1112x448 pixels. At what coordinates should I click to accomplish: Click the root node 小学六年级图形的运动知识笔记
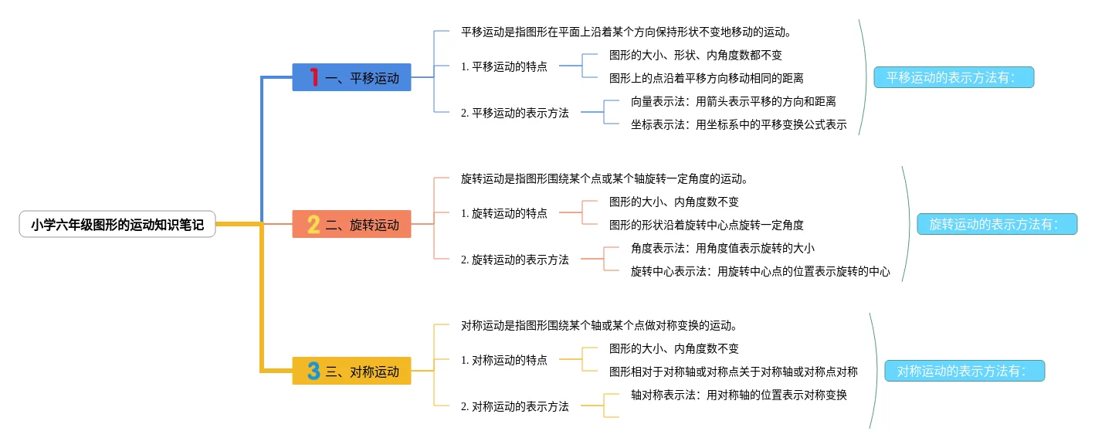pyautogui.click(x=117, y=225)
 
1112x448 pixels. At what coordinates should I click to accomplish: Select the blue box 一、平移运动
pyautogui.click(x=351, y=77)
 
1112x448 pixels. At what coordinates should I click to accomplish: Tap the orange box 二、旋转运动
pyautogui.click(x=351, y=224)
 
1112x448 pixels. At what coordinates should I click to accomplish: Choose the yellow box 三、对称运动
pyautogui.click(x=351, y=371)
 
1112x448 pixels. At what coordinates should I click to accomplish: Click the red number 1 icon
pyautogui.click(x=314, y=77)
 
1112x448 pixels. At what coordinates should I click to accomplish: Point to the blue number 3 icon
pyautogui.click(x=314, y=371)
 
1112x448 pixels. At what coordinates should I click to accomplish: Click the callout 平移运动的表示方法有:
pyautogui.click(x=954, y=77)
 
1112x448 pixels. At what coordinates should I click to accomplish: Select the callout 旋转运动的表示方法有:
pyautogui.click(x=997, y=224)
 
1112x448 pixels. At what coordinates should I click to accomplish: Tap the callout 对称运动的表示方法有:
pyautogui.click(x=965, y=371)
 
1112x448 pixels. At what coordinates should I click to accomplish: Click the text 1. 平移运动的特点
pyautogui.click(x=503, y=66)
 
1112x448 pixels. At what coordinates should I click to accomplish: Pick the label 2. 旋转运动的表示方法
pyautogui.click(x=515, y=260)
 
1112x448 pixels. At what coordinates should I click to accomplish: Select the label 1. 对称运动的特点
pyautogui.click(x=503, y=360)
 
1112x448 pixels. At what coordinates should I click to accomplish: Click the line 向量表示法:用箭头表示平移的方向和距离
pyautogui.click(x=734, y=102)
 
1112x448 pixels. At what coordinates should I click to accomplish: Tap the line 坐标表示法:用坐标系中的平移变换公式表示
pyautogui.click(x=739, y=124)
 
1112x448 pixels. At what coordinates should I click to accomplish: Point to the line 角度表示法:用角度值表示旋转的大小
pyautogui.click(x=722, y=249)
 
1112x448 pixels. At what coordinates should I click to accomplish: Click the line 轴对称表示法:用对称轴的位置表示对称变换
pyautogui.click(x=739, y=395)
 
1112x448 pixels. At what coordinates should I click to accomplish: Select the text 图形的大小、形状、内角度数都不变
pyautogui.click(x=696, y=55)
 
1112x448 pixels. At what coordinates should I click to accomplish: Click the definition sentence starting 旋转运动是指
pyautogui.click(x=604, y=178)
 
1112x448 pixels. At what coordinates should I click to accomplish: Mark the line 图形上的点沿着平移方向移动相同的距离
pyautogui.click(x=707, y=79)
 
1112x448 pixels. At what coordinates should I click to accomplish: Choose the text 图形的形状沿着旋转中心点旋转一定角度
pyautogui.click(x=707, y=225)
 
